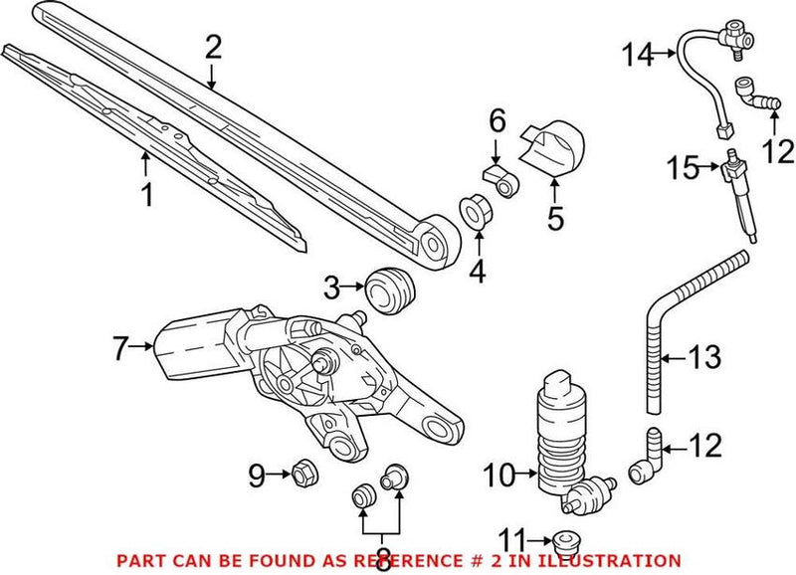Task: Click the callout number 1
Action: tap(147, 194)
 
